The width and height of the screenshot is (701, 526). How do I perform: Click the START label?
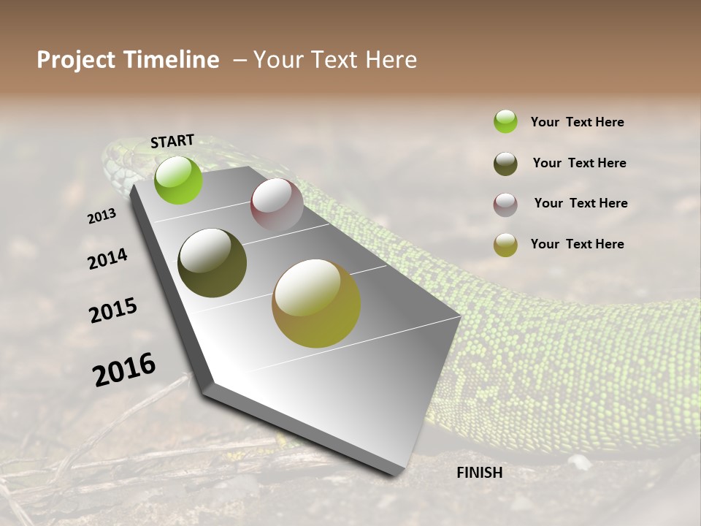pos(172,141)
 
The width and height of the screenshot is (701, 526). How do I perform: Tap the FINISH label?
pos(479,473)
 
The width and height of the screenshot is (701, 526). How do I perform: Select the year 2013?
pos(101,216)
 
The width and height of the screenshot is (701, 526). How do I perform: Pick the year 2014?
pos(107,259)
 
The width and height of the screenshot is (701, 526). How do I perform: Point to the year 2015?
pos(113,310)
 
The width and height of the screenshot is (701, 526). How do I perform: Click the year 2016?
pos(124,370)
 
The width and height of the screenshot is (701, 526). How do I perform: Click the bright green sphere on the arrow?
pos(179,180)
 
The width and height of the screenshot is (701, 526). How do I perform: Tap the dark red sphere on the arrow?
pos(277,205)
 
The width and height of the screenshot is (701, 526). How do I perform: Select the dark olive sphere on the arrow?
pos(212,263)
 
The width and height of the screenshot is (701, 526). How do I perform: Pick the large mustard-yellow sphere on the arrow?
pos(316,303)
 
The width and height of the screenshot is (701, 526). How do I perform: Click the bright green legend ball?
pos(505,121)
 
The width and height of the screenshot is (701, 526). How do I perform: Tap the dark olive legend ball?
pos(505,164)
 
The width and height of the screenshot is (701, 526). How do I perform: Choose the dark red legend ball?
pos(505,205)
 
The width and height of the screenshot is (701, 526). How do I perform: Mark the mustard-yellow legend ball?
pos(505,245)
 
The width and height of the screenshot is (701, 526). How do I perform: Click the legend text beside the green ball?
pos(577,122)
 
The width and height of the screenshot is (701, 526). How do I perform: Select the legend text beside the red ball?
pos(581,203)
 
